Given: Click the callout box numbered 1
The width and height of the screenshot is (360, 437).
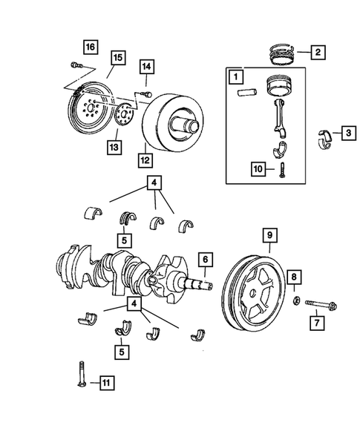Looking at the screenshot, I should (235, 76).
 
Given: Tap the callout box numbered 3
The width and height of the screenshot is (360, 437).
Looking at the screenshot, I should (348, 134).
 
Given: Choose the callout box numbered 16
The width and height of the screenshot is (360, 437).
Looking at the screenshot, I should (90, 47).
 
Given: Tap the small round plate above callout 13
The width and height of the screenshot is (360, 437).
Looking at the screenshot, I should (122, 116).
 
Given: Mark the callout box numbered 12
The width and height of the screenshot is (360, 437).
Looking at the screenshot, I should (145, 158).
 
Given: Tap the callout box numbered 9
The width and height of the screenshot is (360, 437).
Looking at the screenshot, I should (269, 237).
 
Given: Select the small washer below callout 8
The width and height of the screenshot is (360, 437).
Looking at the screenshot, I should (295, 301).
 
